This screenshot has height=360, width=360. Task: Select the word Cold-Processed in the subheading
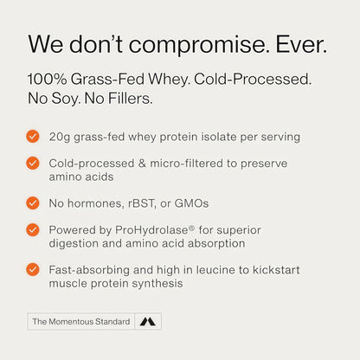[x=254, y=79]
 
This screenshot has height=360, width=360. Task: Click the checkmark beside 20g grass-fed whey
[x=33, y=136]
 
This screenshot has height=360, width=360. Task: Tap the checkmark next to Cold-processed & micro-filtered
[x=33, y=162]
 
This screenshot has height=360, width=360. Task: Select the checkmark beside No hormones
[x=33, y=202]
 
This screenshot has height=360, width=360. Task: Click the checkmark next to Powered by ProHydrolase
[x=33, y=229]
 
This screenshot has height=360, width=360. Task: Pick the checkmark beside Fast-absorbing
[x=33, y=270]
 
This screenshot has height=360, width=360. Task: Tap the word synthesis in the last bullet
[x=164, y=284]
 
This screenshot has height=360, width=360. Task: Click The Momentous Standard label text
[x=80, y=322]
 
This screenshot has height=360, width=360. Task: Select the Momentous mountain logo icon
[x=148, y=322]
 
